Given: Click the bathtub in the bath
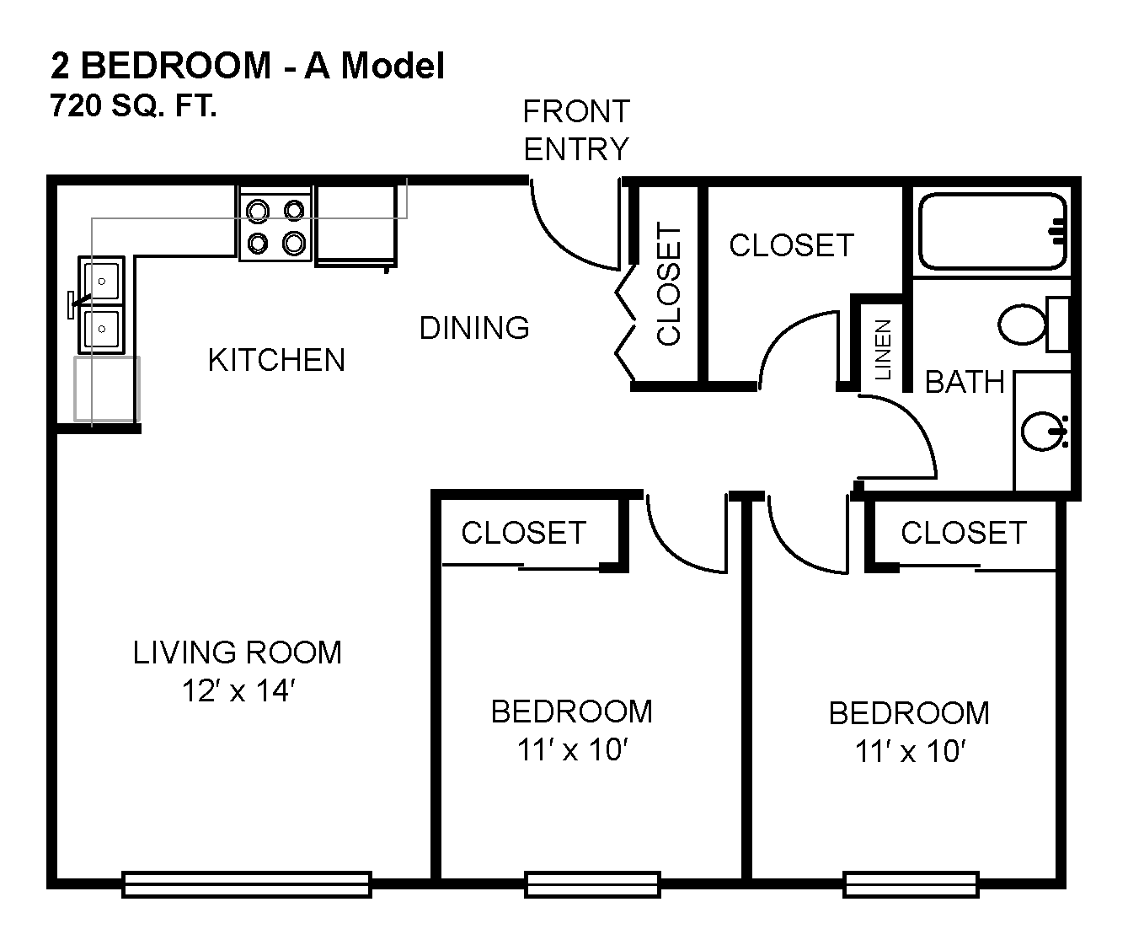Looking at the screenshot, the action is pos(992,231).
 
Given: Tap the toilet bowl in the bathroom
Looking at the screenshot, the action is pos(1022,325).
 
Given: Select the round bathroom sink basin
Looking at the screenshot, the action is pos(1042,431).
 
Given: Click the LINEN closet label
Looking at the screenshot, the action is pos(882,349).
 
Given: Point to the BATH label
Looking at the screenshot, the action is pos(965,382).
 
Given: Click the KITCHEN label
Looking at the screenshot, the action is pos(276,359).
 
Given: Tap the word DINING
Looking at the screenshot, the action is pos(474,328).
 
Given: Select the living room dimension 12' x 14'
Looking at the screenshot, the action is pos(238,691).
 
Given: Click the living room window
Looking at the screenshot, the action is pos(246,884).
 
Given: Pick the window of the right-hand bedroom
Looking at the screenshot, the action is pos(911,884).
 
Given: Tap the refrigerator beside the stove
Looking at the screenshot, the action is pos(356,226).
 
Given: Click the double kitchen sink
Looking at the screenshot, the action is pos(102,305).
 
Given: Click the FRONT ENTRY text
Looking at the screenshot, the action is pos(576,130).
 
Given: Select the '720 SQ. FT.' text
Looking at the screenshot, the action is pos(133,105).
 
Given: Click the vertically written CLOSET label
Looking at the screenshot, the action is pos(668,283).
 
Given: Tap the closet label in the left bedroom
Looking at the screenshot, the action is pos(523,533).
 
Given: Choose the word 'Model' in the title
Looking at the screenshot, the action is pos(393,66).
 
